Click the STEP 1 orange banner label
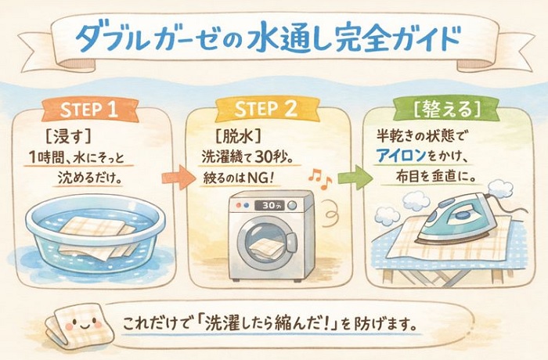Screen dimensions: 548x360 90,110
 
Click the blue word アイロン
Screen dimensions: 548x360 401,156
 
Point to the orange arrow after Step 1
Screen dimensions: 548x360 178,178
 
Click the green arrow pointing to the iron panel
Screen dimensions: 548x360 355,178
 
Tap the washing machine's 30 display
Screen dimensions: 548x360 269,206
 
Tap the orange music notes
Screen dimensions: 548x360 319,178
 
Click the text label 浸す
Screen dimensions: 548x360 68,138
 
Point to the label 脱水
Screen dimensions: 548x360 238,137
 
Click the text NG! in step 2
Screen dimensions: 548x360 259,178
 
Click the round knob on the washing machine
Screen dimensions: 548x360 292,205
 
